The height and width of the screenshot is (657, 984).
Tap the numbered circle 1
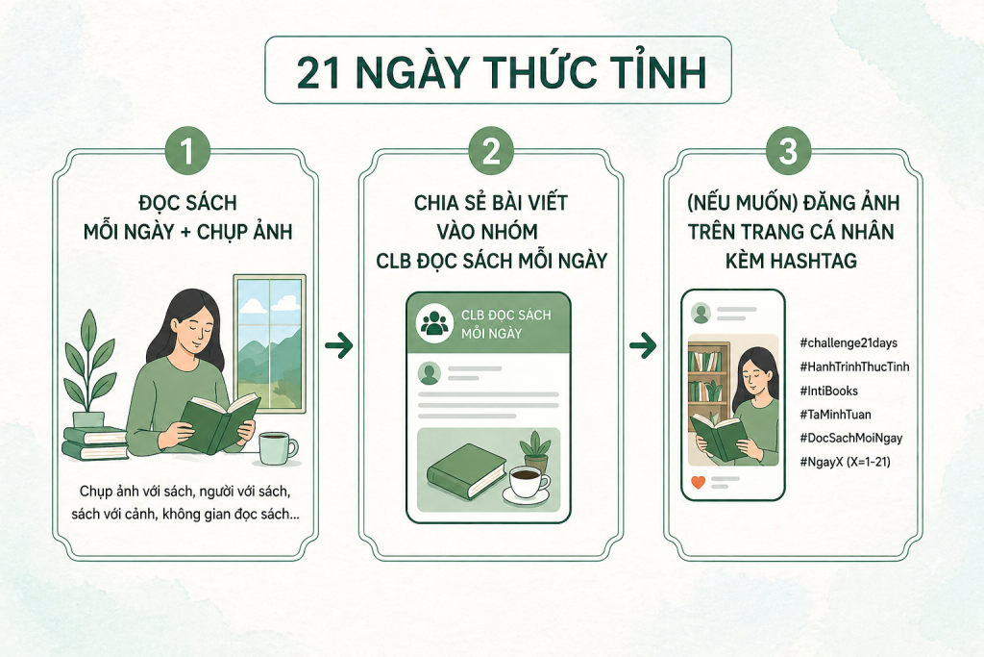click(187, 151)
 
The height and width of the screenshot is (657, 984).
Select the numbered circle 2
click(491, 151)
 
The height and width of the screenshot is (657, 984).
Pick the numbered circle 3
click(788, 151)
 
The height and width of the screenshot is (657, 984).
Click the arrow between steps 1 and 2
click(339, 344)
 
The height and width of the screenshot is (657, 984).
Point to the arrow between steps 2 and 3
click(643, 344)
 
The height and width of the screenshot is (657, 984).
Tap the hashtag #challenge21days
click(849, 343)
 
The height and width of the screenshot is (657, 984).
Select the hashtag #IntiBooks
click(828, 391)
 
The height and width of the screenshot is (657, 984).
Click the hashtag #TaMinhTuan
click(835, 415)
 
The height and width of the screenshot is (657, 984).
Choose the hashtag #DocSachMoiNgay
click(851, 439)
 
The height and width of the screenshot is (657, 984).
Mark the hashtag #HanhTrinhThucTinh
click(854, 366)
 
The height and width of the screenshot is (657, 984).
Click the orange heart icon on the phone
click(698, 482)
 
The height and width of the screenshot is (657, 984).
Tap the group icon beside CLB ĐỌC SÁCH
click(435, 323)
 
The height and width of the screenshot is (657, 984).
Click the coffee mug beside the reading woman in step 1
click(278, 448)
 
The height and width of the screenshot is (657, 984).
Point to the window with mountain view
click(270, 343)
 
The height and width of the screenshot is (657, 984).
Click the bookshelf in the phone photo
click(709, 383)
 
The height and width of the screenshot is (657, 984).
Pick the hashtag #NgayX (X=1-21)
click(845, 463)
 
